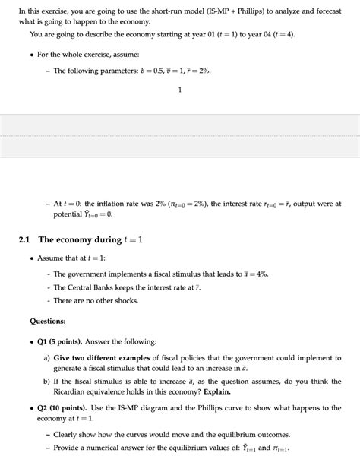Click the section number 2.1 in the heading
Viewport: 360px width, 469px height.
24,240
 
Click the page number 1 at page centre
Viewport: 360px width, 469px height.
180,90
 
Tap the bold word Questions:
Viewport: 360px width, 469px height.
48,322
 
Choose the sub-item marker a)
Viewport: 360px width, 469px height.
47,357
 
